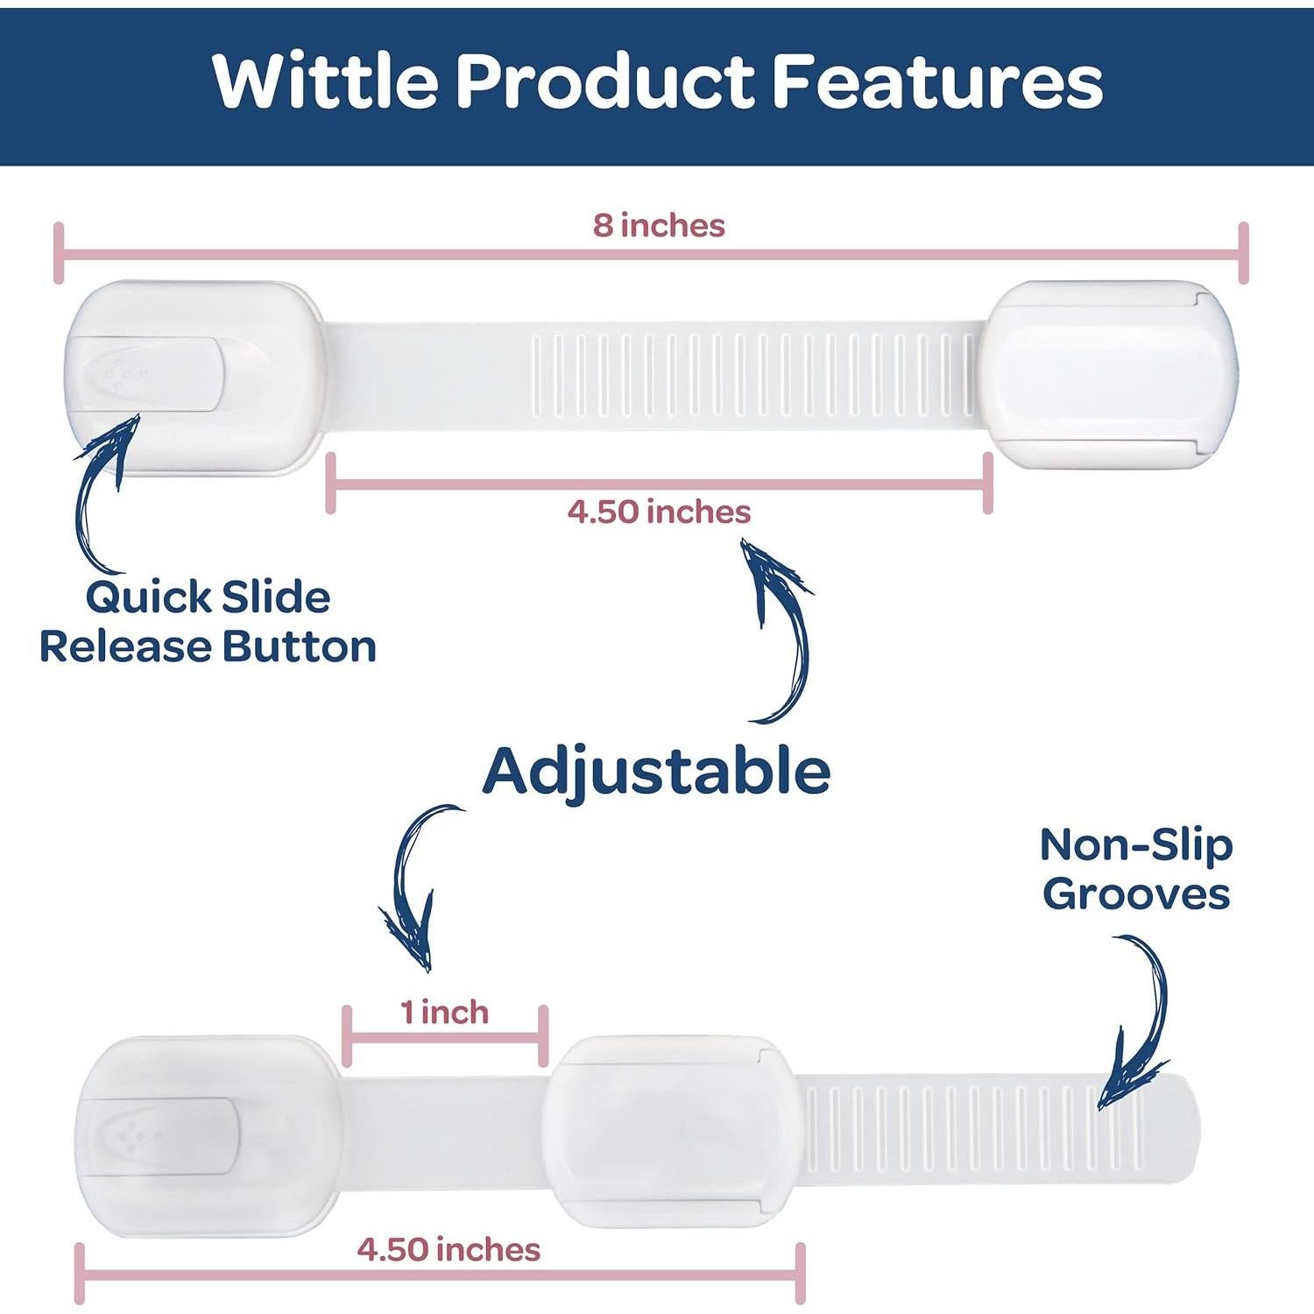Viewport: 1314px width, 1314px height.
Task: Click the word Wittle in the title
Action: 326,81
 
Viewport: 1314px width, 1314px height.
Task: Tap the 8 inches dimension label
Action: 659,225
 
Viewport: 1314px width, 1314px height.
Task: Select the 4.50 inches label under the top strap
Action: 659,512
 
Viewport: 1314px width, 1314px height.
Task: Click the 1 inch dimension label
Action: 445,1013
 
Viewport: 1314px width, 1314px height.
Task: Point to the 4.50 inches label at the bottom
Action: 449,1249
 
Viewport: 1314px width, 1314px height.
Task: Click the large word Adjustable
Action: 656,772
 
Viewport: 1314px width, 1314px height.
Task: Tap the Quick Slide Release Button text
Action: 208,622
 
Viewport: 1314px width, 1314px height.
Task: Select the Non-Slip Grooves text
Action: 1137,869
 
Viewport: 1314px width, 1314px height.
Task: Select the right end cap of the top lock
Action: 1109,374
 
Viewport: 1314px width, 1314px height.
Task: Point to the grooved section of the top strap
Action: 753,374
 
